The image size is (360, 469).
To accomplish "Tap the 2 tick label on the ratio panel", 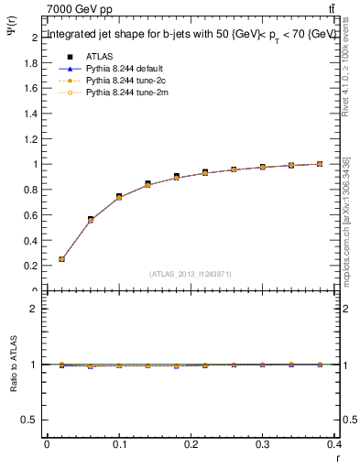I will (34, 310).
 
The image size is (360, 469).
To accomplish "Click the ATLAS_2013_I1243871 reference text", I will (191, 274).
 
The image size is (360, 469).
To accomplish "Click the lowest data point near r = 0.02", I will (61, 259).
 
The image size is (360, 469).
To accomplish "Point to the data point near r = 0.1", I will (119, 196).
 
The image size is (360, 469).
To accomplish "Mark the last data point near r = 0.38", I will (320, 164).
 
